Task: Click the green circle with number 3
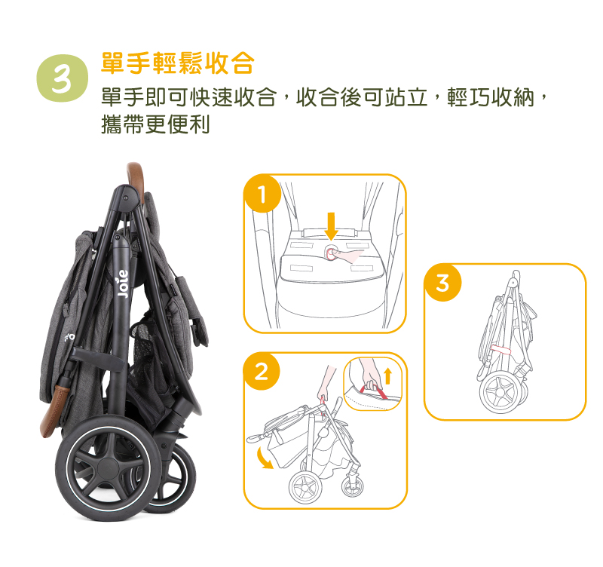point(63,78)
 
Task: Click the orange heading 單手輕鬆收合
point(178,63)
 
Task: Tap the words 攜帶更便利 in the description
point(155,124)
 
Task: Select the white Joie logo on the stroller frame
point(123,284)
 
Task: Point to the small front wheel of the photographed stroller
point(173,478)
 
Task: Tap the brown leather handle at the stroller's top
point(136,179)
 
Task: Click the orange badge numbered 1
point(262,194)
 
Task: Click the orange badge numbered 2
point(262,372)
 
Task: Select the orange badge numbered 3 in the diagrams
point(442,283)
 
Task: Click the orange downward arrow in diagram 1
point(331,226)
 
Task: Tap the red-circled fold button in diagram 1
point(331,253)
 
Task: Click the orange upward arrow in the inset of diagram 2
point(387,375)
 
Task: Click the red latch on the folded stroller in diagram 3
point(500,349)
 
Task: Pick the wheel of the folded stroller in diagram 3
point(500,393)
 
